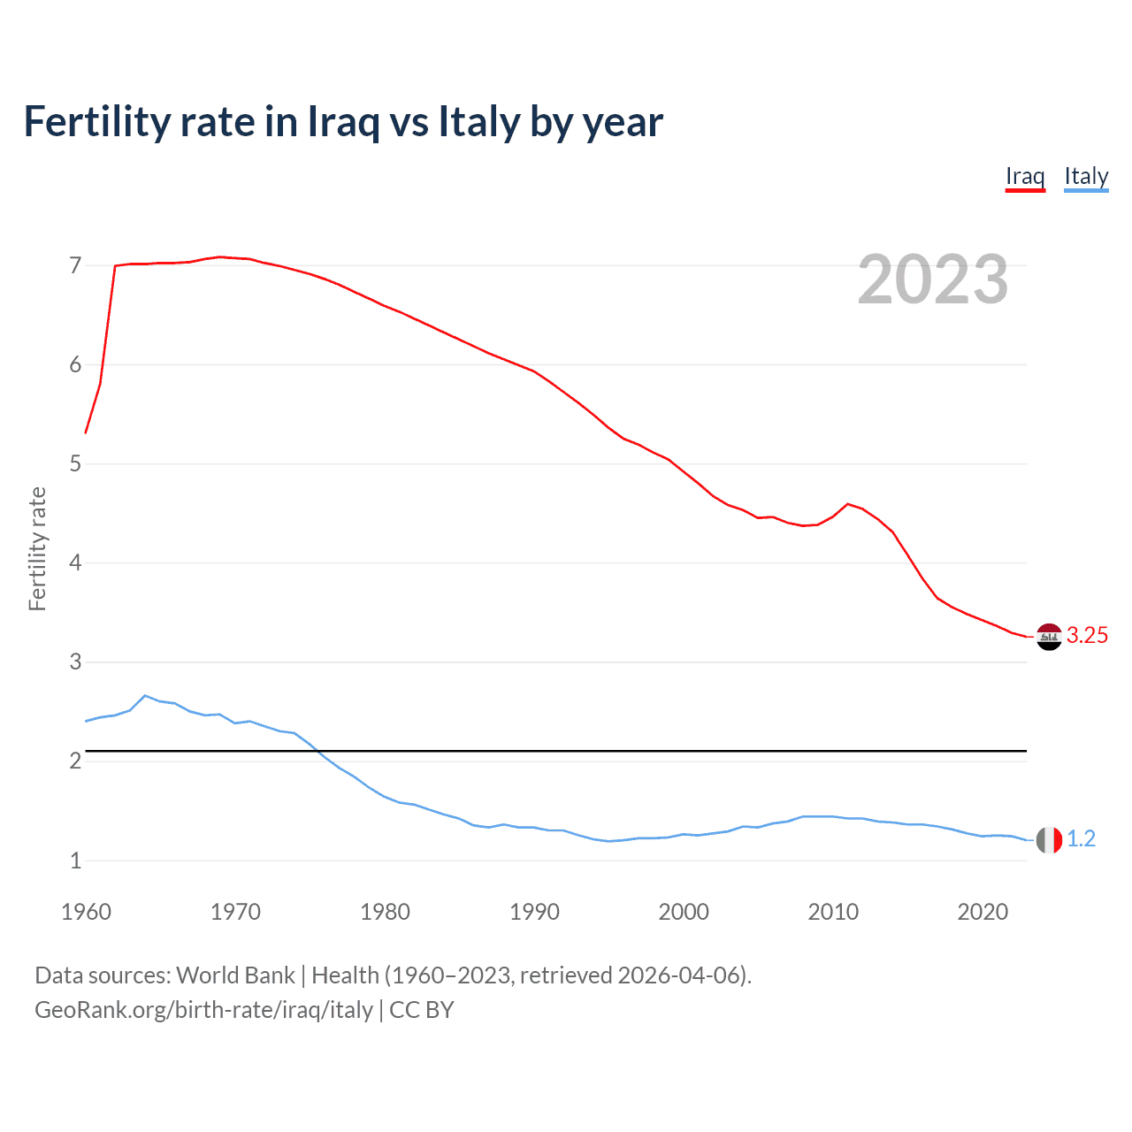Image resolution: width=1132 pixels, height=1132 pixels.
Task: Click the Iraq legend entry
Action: pos(1025,177)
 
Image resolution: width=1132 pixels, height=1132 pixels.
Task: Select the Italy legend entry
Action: pos(1086,177)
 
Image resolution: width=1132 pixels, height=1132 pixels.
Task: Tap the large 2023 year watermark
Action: pos(932,279)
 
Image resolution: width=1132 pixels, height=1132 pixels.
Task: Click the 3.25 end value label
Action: pos(1087,636)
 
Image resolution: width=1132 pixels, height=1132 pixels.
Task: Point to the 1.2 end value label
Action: pos(1081,839)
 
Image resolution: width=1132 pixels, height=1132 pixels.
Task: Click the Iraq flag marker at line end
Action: pos(1049,637)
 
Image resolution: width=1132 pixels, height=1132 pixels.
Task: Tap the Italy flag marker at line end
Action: pos(1049,840)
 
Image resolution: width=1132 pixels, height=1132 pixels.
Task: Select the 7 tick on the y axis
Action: pos(75,265)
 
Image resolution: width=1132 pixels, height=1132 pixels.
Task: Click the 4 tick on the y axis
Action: pos(75,562)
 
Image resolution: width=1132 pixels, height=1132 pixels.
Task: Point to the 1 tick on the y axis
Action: pos(75,860)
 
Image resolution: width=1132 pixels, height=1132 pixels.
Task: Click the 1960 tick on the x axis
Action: pos(86,912)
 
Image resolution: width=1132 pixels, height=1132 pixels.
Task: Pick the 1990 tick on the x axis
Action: pos(534,912)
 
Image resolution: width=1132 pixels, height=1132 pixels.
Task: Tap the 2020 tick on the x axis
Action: pos(983,912)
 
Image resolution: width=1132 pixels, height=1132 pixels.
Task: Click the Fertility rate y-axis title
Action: pos(37,548)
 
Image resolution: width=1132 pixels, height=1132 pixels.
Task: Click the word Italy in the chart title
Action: pos(478,122)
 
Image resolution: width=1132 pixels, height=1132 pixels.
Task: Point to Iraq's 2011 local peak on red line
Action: pos(848,504)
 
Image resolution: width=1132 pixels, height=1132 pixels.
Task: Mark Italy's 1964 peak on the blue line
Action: pos(145,696)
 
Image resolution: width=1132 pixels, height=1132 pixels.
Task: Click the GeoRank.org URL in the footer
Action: pos(203,1010)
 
